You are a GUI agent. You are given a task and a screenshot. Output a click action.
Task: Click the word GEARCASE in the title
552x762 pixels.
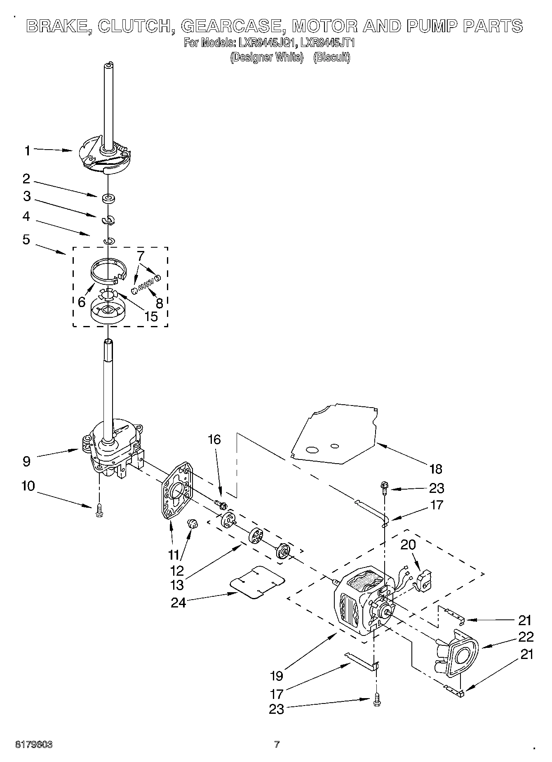[x=233, y=26]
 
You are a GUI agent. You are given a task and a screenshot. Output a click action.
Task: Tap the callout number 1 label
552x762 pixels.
[x=27, y=151]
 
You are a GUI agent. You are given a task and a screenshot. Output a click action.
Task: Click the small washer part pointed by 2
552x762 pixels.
[x=108, y=199]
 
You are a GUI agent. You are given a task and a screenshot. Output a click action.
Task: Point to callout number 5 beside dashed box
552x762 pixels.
[x=26, y=239]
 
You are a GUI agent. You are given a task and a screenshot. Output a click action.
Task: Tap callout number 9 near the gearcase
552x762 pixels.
[x=26, y=461]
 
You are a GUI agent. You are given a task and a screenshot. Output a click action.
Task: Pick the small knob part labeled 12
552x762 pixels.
[x=193, y=524]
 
